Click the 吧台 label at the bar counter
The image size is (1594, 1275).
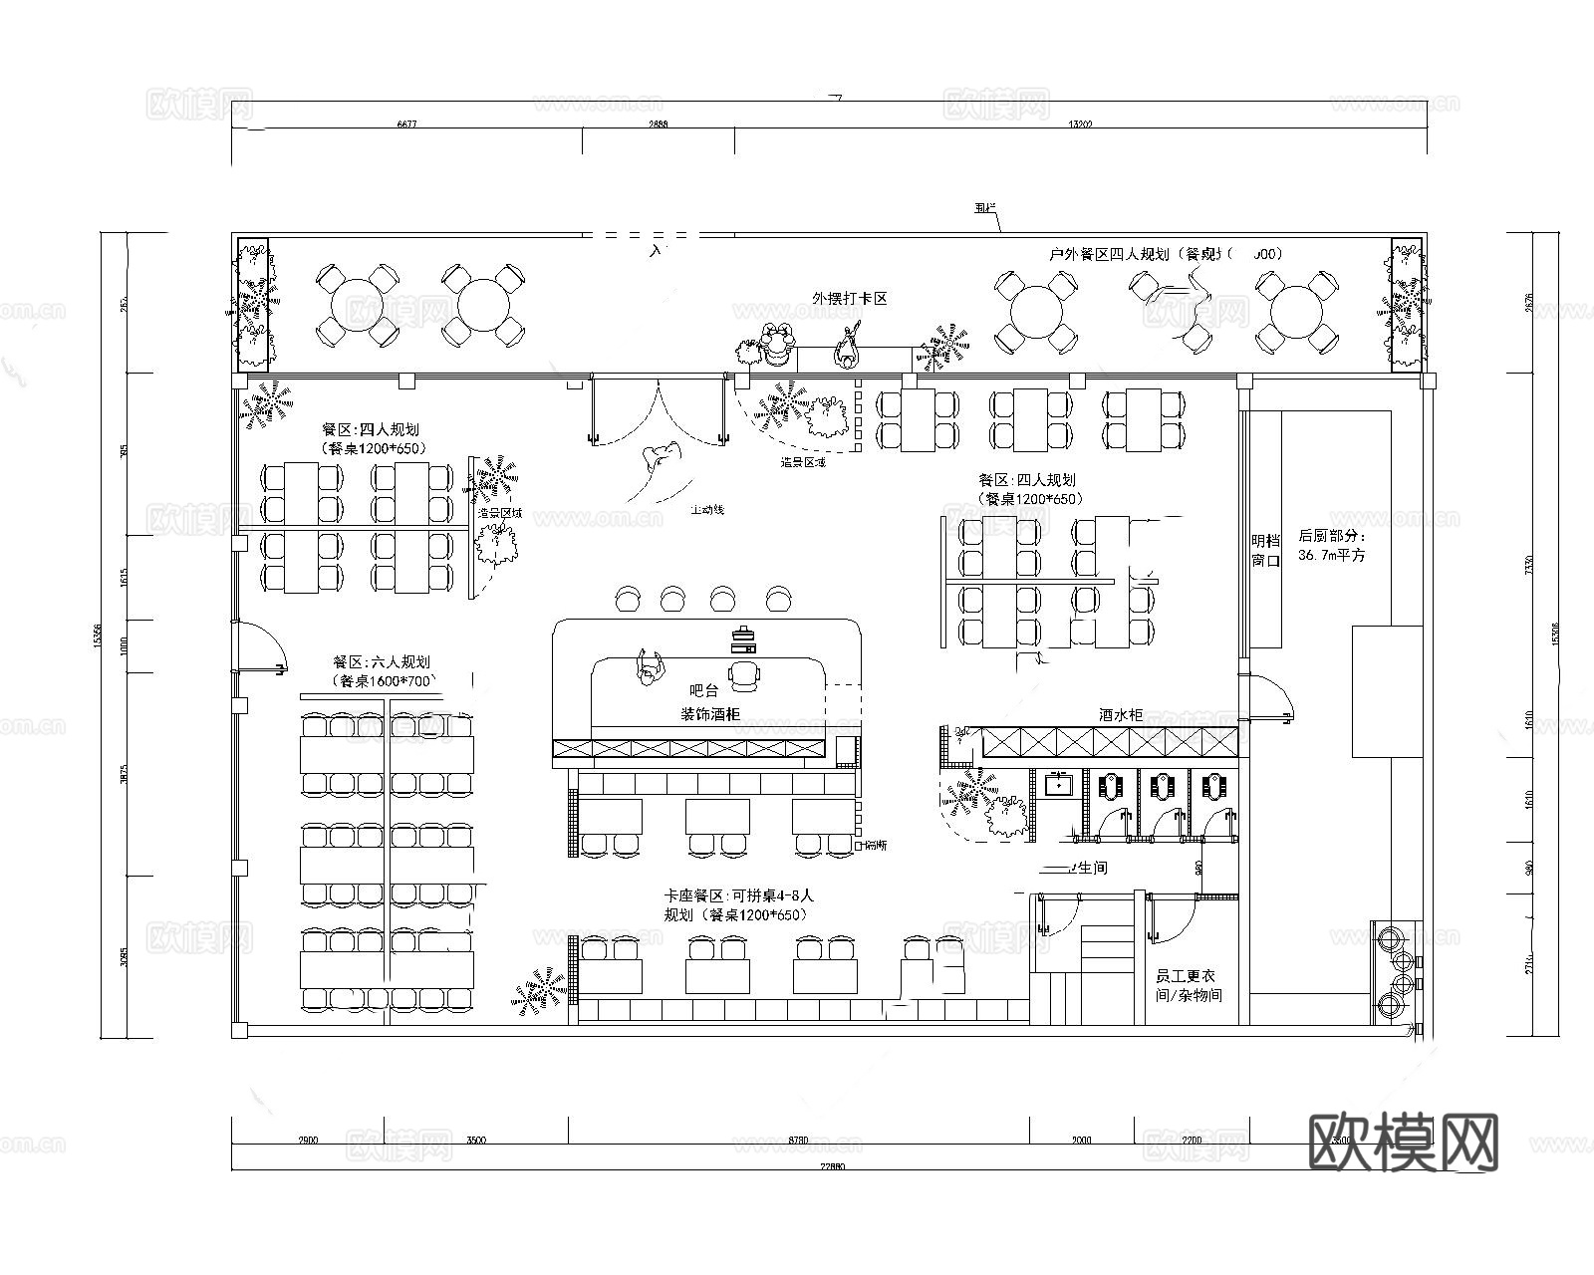[703, 689]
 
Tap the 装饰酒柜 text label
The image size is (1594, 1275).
[710, 714]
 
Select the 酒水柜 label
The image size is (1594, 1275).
[1121, 715]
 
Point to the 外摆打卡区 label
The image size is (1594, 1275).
[850, 298]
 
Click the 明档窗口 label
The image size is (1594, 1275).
[1265, 550]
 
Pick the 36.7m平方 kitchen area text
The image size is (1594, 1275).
[1332, 555]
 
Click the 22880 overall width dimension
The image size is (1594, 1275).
[830, 1166]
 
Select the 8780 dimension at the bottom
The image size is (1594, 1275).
[797, 1140]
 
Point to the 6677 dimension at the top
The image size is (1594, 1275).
[406, 125]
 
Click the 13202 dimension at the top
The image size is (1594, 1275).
[1080, 125]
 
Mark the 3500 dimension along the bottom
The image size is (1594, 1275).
[476, 1140]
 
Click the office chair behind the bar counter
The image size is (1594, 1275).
[743, 676]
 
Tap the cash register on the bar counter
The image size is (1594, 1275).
[743, 637]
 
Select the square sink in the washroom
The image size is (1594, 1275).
[1057, 785]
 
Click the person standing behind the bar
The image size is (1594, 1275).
[651, 665]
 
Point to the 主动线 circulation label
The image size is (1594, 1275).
[707, 510]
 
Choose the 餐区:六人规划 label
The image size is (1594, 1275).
[382, 661]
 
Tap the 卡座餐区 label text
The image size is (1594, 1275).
[697, 895]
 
